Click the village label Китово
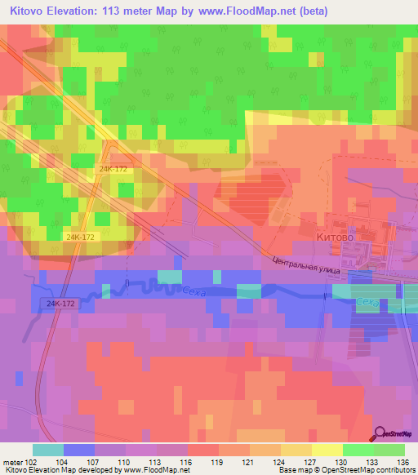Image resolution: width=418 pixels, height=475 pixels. pos(332,237)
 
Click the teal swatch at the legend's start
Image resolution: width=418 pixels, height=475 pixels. pos(47,450)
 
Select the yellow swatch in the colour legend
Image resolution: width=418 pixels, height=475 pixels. pos(326,450)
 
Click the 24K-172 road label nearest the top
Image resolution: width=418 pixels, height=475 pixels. pos(114,169)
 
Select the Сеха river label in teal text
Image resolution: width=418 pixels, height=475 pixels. pos(368,303)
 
